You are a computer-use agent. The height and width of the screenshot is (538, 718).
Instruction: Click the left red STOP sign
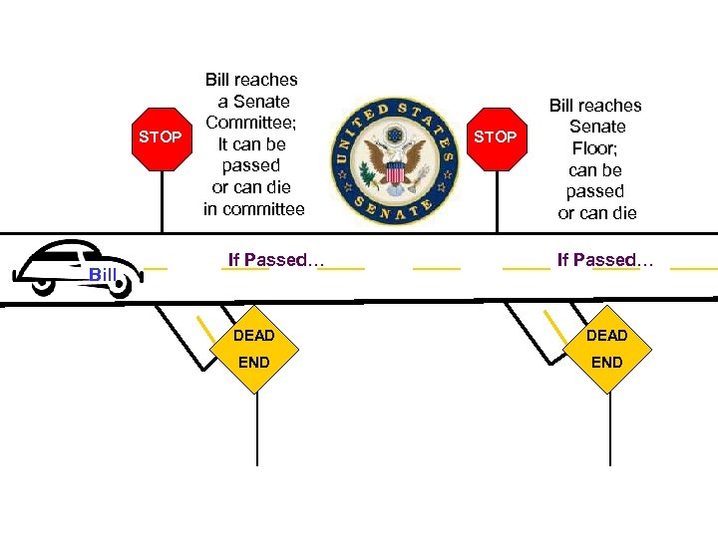pyautogui.click(x=161, y=136)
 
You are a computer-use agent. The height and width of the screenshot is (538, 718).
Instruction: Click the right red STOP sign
pyautogui.click(x=495, y=136)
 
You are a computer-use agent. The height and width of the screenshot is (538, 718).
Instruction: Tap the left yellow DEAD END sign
pyautogui.click(x=253, y=348)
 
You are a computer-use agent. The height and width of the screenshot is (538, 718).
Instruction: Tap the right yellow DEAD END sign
pyautogui.click(x=606, y=348)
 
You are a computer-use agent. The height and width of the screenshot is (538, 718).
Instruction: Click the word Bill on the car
pyautogui.click(x=104, y=274)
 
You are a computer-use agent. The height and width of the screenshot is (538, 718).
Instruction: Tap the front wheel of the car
pyautogui.click(x=120, y=287)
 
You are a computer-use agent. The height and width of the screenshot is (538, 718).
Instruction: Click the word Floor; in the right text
pyautogui.click(x=596, y=148)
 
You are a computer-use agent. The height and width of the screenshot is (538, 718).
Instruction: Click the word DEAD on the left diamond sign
pyautogui.click(x=253, y=336)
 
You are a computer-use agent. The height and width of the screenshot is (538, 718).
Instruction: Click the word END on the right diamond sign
pyautogui.click(x=606, y=362)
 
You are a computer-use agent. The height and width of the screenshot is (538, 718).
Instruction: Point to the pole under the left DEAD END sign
pyautogui.click(x=257, y=428)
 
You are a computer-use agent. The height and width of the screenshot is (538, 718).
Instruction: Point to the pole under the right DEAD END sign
pyautogui.click(x=609, y=428)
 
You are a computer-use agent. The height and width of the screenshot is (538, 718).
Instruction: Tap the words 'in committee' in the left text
pyautogui.click(x=253, y=209)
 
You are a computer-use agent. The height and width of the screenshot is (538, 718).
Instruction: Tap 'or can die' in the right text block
pyautogui.click(x=596, y=213)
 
